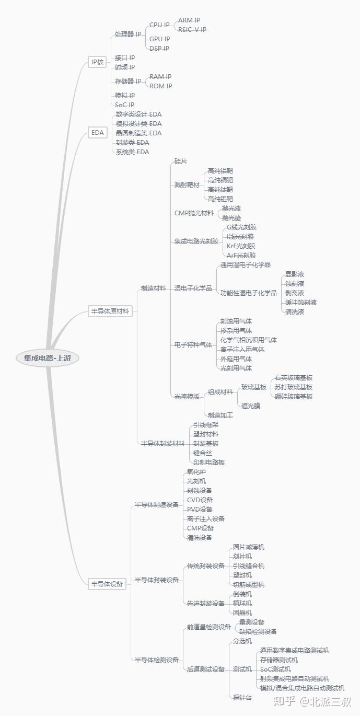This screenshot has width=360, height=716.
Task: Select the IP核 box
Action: coord(97,62)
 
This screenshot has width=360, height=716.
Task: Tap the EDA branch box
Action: coord(97,133)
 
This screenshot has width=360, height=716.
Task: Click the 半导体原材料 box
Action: coord(110,312)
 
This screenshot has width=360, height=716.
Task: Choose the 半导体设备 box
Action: coord(108,584)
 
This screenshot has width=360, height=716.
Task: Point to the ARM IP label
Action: coord(189,20)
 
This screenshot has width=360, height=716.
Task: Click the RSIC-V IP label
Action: coord(192,30)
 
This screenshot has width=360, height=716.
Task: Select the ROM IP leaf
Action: coord(160,86)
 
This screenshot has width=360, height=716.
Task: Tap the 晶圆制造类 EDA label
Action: coord(138,133)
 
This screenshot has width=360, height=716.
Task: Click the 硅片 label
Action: coord(181,161)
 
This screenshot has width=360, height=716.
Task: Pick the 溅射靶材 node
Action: coord(187,185)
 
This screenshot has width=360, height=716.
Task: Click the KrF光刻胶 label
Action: coord(241,246)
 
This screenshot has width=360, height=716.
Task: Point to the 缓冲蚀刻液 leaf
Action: coord(300,303)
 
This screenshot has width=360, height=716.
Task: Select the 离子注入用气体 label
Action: coord(242,350)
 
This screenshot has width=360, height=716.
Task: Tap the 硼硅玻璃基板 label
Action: coord(293,397)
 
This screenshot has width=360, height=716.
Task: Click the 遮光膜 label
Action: coord(250,406)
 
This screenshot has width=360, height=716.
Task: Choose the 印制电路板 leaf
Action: coord(208,463)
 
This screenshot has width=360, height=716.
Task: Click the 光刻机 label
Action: coord(196,481)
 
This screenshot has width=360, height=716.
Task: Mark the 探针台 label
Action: coord(242,698)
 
